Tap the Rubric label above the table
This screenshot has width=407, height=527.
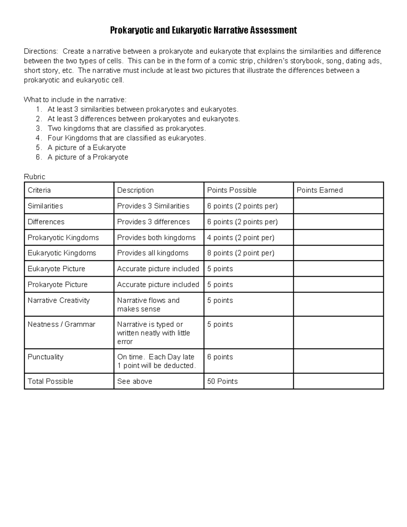coord(34,177)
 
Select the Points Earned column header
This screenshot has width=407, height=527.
coord(319,190)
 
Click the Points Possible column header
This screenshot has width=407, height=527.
coord(232,190)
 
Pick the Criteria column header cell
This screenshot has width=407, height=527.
coord(39,190)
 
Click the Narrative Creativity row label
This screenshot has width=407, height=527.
coord(59,300)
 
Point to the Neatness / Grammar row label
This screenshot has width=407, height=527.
coord(61,324)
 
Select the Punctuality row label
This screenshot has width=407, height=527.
coord(45,357)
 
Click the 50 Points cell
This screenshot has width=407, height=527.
coord(222,381)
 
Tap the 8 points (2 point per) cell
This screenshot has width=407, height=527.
coord(240,253)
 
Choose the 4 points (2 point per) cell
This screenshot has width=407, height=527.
coord(240,238)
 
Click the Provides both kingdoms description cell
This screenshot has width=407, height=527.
coord(156,238)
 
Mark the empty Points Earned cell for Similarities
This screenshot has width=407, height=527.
coord(338,206)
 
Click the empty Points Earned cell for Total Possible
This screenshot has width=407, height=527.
coord(338,381)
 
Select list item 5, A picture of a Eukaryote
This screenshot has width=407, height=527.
coord(86,148)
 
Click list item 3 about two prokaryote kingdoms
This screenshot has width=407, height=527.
coord(127,129)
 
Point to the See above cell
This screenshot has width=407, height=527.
coord(135,381)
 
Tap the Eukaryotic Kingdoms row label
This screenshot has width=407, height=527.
coord(62,253)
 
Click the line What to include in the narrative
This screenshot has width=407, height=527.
coord(75,100)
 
